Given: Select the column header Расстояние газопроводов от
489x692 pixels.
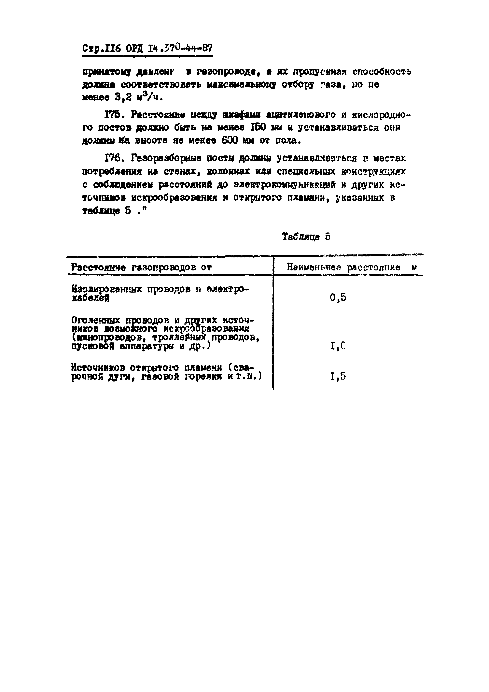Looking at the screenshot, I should [141, 267].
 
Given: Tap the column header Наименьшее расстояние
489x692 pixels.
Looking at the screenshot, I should [343, 267].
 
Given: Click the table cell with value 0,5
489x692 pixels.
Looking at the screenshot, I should [338, 298].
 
